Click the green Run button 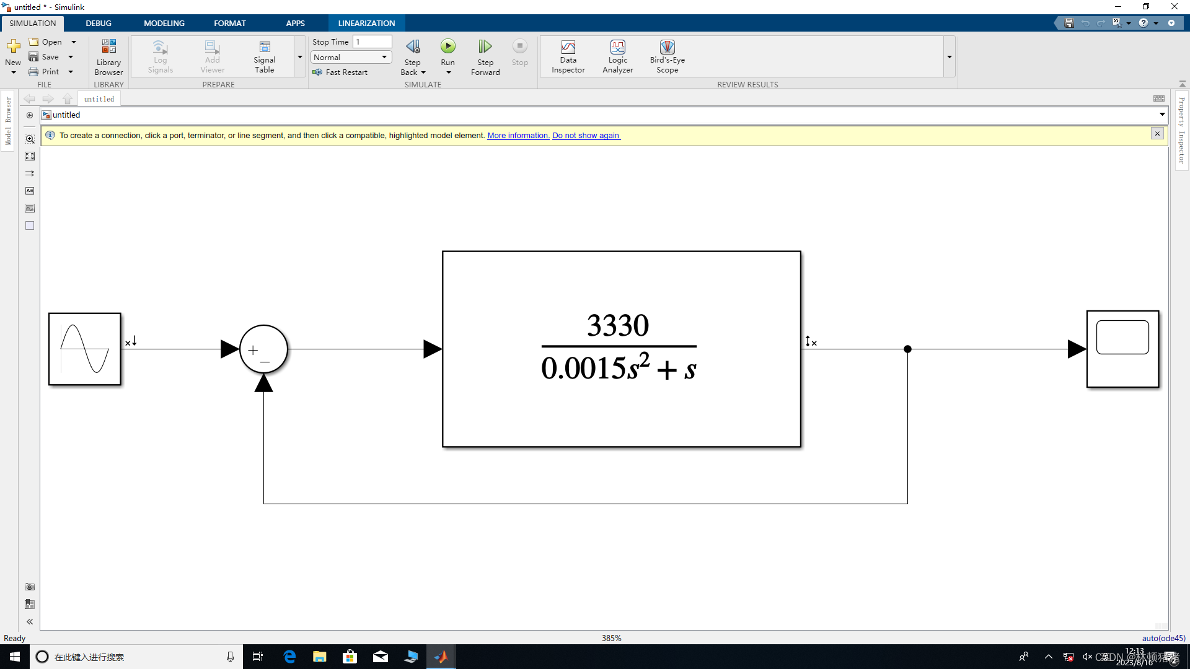point(447,46)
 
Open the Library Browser point(108,56)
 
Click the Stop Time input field point(372,42)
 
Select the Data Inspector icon point(568,48)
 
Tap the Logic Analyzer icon point(617,48)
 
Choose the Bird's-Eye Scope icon point(667,48)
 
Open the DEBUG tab point(99,23)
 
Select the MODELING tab point(164,23)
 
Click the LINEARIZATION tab point(366,23)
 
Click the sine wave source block point(85,349)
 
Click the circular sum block point(263,349)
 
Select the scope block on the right point(1122,349)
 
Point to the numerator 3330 point(618,325)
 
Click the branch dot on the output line point(907,349)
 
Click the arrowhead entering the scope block point(1077,349)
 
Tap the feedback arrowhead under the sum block point(263,384)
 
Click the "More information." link point(518,136)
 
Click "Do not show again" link point(586,136)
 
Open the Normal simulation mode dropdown point(351,57)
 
